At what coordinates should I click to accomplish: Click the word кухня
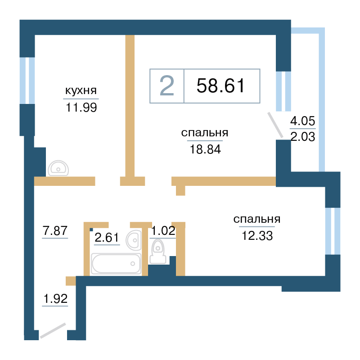81,90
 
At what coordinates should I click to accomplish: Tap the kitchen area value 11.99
81,107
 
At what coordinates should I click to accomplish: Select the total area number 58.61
221,85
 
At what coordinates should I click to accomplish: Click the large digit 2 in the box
167,85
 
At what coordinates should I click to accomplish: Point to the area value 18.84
205,149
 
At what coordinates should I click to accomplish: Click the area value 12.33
257,235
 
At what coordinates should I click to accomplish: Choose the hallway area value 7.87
55,230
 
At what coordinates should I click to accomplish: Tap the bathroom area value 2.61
107,237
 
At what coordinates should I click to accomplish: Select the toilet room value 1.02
163,230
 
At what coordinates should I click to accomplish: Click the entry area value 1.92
55,298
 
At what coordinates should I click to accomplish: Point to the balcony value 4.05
302,121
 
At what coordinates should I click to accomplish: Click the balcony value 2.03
302,137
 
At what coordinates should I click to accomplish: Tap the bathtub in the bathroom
116,264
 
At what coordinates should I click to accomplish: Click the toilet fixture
158,252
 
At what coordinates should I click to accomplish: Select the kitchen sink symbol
58,168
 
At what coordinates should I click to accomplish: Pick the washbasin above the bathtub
134,240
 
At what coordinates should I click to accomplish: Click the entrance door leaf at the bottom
53,331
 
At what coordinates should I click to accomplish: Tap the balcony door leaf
275,125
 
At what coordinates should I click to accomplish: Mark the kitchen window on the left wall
27,81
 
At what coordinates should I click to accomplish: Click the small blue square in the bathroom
91,229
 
